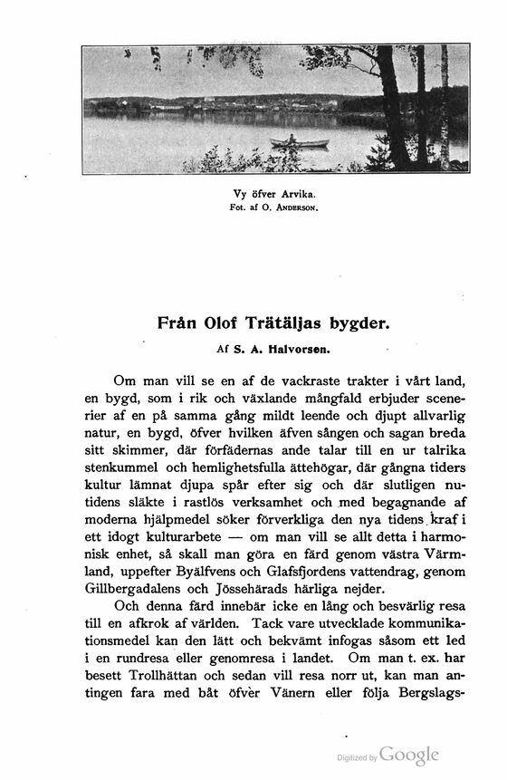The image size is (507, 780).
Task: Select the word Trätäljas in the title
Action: (299, 321)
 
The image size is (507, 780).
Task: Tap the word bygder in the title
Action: (364, 321)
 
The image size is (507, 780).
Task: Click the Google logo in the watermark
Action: (409, 755)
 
